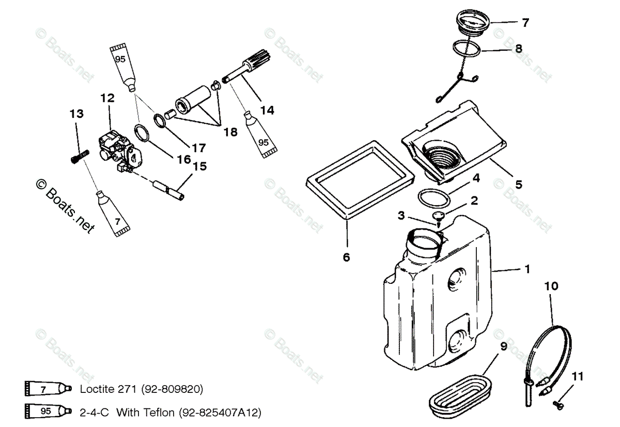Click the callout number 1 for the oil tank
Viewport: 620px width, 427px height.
[x=526, y=269]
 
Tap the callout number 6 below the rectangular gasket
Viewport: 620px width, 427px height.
[x=347, y=257]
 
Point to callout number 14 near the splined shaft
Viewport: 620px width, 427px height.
[x=267, y=110]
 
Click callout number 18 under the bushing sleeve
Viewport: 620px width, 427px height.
[x=230, y=132]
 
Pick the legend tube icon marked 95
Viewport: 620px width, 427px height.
[x=47, y=413]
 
